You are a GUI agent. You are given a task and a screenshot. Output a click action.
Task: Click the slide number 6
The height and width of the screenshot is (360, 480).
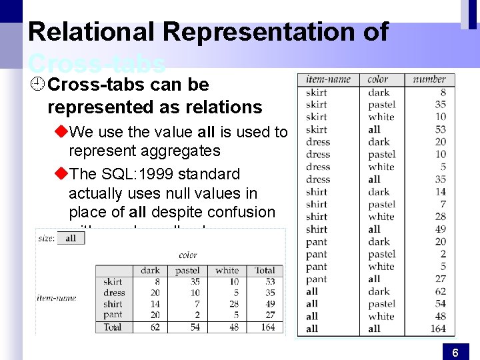click(x=455, y=353)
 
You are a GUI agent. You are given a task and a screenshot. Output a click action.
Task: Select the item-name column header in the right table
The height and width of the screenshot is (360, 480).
click(x=328, y=79)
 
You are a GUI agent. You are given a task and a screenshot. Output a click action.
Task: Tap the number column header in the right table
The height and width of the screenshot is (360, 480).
click(x=429, y=79)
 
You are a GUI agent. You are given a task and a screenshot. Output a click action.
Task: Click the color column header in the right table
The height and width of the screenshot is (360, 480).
click(x=377, y=79)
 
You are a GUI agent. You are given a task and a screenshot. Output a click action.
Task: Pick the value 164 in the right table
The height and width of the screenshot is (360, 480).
click(x=438, y=328)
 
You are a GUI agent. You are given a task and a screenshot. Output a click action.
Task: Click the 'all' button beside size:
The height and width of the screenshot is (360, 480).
click(x=71, y=238)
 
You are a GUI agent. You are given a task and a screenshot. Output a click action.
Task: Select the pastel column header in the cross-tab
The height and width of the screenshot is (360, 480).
click(x=187, y=270)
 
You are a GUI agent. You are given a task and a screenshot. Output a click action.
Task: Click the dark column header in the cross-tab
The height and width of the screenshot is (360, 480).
click(x=150, y=270)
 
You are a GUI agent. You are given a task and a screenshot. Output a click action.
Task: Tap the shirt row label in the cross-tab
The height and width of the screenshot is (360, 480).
click(x=113, y=303)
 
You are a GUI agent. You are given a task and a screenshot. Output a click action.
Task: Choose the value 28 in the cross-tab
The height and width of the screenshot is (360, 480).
click(x=233, y=303)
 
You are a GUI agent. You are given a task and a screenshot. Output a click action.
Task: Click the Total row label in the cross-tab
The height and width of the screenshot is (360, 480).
click(x=113, y=327)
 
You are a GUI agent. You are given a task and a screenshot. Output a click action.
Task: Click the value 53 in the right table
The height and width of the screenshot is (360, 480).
click(x=440, y=129)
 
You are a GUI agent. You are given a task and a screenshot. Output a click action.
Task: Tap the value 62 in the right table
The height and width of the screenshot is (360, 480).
click(x=440, y=291)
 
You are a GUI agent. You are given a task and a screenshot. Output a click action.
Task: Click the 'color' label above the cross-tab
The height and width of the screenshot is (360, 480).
click(x=188, y=255)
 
